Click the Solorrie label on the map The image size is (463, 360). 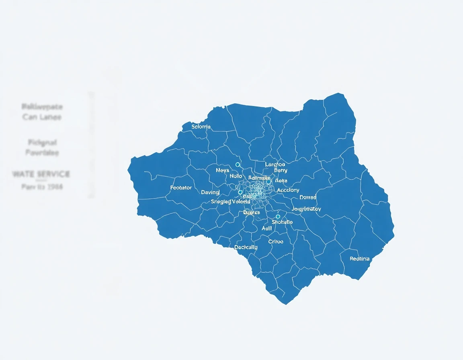tap(201, 127)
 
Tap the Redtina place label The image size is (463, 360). tap(359, 259)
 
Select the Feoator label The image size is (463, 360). tap(181, 188)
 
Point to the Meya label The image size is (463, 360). tap(222, 170)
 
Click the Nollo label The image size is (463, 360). tap(236, 176)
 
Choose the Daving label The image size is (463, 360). tap(210, 192)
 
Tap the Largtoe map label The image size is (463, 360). tap(275, 164)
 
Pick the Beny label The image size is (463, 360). tap(281, 170)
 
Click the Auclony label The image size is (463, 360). tap(288, 190)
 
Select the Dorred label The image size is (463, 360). tap(308, 197)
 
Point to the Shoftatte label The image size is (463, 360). tap(282, 222)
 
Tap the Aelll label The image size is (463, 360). tap(266, 228)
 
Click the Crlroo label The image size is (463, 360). tap(276, 241)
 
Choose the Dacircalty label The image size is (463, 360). tap(246, 247)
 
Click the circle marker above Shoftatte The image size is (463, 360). tap(278, 217)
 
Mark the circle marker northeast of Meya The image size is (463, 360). tap(238, 165)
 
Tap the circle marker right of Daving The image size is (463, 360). tap(240, 192)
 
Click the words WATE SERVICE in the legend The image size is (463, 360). tap(41, 174)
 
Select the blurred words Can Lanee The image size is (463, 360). tap(42, 117)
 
